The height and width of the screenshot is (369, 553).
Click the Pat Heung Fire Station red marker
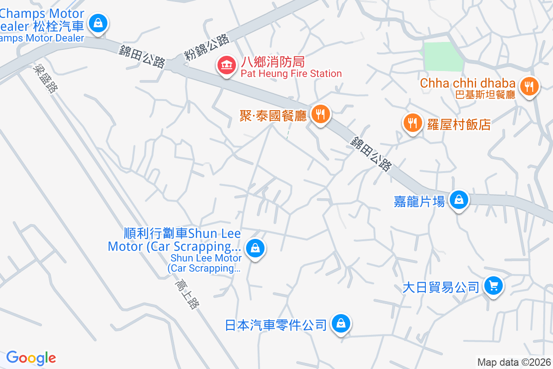coord(225,65)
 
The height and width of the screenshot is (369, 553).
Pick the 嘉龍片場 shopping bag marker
coord(459,200)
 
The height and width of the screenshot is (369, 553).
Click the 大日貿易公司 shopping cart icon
coord(494,286)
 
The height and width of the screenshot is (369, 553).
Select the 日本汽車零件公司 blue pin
coord(341,323)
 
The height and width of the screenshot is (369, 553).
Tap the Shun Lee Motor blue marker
coord(254,248)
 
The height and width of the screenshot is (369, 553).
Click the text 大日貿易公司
coord(441,288)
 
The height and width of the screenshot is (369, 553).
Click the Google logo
coord(31,358)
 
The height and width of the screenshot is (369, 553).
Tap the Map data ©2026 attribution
coord(514,363)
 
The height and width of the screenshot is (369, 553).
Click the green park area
coord(442,57)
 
